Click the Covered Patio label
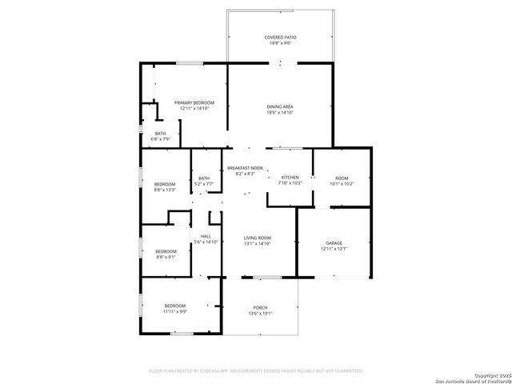(x=280, y=38)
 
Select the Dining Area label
(x=280, y=106)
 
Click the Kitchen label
(x=290, y=177)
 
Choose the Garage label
(x=334, y=242)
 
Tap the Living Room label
(x=258, y=238)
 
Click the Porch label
(x=260, y=308)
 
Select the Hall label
(x=206, y=236)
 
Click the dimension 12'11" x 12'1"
(x=334, y=249)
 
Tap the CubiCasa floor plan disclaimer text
(x=256, y=371)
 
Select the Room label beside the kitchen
(x=342, y=178)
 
